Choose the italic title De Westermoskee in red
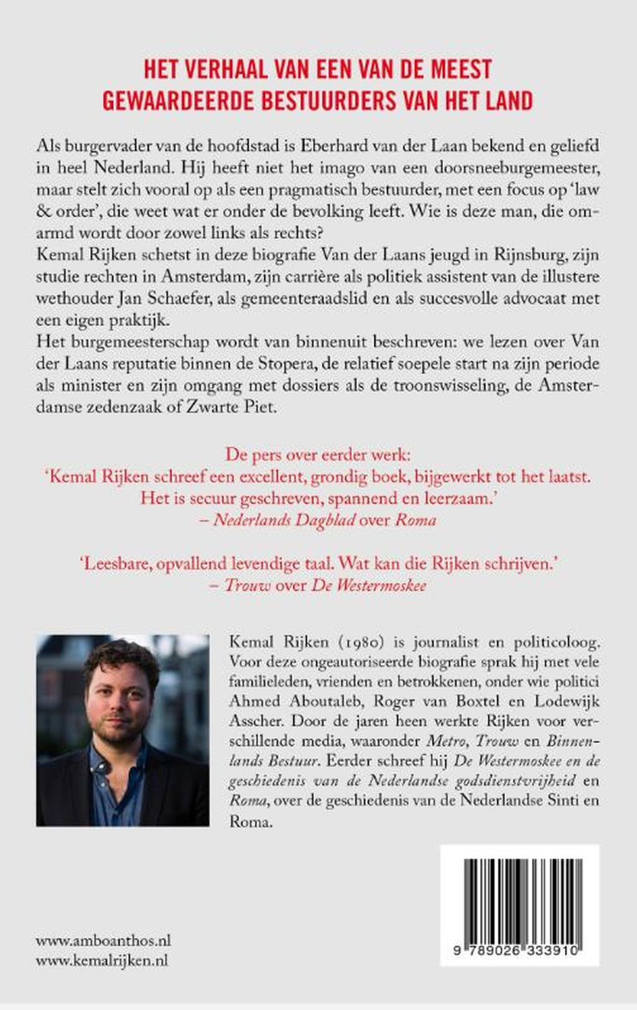pos(369,585)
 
